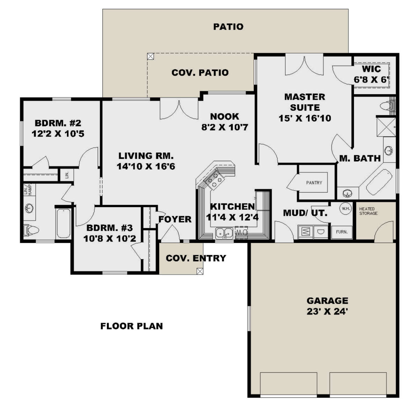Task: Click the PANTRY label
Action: pyautogui.click(x=314, y=183)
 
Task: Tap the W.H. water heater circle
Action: pyautogui.click(x=346, y=209)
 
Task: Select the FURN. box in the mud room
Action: pyautogui.click(x=341, y=232)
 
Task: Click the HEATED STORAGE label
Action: pyautogui.click(x=368, y=211)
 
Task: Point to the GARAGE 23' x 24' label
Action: pyautogui.click(x=327, y=306)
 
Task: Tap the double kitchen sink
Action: pyautogui.click(x=224, y=232)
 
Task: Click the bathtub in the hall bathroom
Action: pyautogui.click(x=63, y=223)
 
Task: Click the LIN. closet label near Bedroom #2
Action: pyautogui.click(x=66, y=175)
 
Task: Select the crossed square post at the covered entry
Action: pyautogui.click(x=199, y=271)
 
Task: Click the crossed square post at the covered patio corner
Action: pyautogui.click(x=150, y=56)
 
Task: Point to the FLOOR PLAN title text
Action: pyautogui.click(x=131, y=326)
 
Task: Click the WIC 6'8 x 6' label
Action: pyautogui.click(x=371, y=74)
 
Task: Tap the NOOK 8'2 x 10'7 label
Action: pyautogui.click(x=225, y=121)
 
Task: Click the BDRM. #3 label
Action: pyautogui.click(x=110, y=233)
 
